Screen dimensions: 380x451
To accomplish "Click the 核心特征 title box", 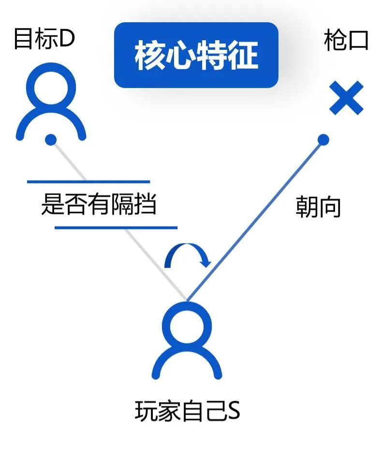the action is (196, 55).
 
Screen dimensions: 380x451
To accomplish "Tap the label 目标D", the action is (44, 39).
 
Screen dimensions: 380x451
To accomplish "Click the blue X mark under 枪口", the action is (346, 98).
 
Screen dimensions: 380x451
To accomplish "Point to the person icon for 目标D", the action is (51, 104).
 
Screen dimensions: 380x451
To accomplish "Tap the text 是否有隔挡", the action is (99, 205).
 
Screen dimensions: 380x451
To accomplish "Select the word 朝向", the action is (318, 207).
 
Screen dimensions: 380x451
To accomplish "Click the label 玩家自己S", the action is (188, 412).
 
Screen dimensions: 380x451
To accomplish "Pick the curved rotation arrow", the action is (187, 255).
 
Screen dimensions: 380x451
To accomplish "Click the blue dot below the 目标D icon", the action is (51, 140).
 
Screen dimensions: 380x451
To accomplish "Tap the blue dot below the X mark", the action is (323, 140).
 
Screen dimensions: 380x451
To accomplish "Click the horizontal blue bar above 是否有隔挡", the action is (88, 182).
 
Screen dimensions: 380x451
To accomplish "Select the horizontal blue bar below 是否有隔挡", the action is (116, 227).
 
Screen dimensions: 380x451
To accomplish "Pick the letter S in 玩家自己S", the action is (234, 412).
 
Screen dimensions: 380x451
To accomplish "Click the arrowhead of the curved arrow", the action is (206, 262).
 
